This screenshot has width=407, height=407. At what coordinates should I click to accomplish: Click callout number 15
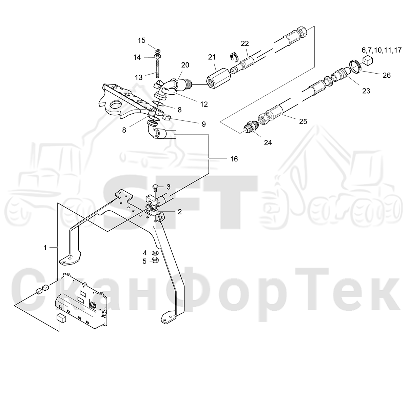[x=141, y=40]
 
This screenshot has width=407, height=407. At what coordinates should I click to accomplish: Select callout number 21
[x=212, y=57]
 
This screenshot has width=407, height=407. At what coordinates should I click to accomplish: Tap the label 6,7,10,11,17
[x=382, y=50]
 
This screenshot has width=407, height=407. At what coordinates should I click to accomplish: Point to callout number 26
[x=387, y=75]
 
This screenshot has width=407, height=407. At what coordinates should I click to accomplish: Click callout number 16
[x=234, y=159]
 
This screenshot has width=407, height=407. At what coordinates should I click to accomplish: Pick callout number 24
[x=268, y=143]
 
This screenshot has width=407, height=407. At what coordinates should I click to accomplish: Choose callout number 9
[x=203, y=124]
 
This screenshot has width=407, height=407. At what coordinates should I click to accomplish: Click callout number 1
[x=45, y=248]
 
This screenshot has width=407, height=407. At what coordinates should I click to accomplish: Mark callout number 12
[x=204, y=104]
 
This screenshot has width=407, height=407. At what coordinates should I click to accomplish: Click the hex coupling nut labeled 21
[x=219, y=78]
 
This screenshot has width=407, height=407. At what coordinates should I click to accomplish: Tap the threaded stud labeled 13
[x=157, y=69]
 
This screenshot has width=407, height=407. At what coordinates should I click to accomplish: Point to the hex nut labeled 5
[x=156, y=261]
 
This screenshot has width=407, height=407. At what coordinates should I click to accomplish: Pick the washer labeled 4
[x=156, y=253]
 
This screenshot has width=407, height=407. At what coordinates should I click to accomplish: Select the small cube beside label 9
[x=166, y=117]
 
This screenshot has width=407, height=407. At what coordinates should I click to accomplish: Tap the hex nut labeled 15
[x=157, y=51]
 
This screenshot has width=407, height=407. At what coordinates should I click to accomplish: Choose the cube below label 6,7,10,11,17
[x=368, y=61]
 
